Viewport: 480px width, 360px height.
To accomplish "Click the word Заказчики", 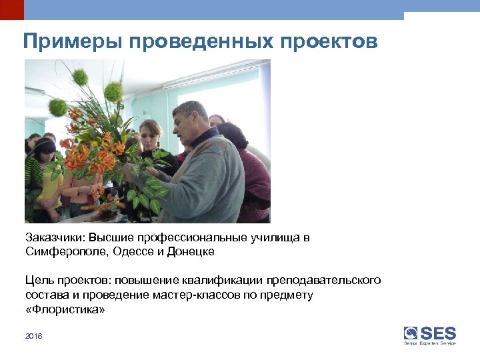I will (x=55, y=238).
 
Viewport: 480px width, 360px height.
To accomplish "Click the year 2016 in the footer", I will (x=33, y=337).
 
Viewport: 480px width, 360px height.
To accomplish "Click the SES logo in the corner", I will (x=430, y=334).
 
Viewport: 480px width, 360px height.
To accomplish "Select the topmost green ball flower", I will (x=81, y=77).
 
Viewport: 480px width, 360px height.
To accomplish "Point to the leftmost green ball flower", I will (x=58, y=107).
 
